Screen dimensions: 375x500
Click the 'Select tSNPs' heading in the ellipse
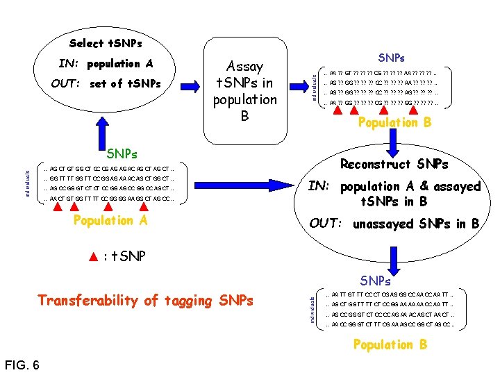point(106,43)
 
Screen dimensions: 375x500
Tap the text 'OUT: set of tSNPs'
point(106,84)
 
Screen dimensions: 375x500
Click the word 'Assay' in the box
point(244,67)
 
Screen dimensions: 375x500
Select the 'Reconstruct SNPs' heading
point(394,164)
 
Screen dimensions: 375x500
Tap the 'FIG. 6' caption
point(22,365)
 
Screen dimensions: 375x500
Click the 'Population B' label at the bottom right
point(391,344)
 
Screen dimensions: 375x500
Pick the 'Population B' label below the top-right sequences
point(394,123)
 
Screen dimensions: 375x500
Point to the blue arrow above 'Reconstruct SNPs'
point(393,142)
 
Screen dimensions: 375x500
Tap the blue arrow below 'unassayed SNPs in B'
point(393,253)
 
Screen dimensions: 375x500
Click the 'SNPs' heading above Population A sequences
point(121,153)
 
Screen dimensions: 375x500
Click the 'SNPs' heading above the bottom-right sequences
point(376,281)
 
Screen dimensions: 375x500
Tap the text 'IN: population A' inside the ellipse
point(106,64)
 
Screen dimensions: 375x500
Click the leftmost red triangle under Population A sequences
point(57,206)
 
